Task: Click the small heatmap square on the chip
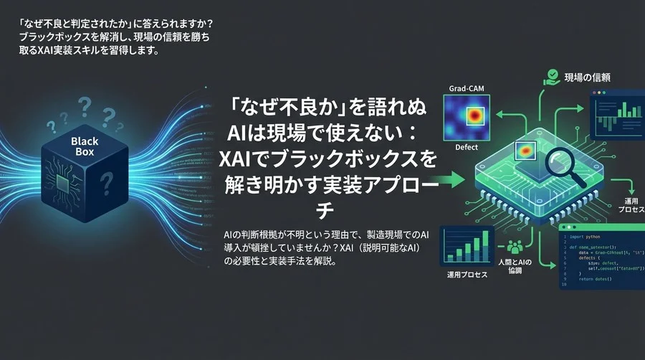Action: coord(527,151)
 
